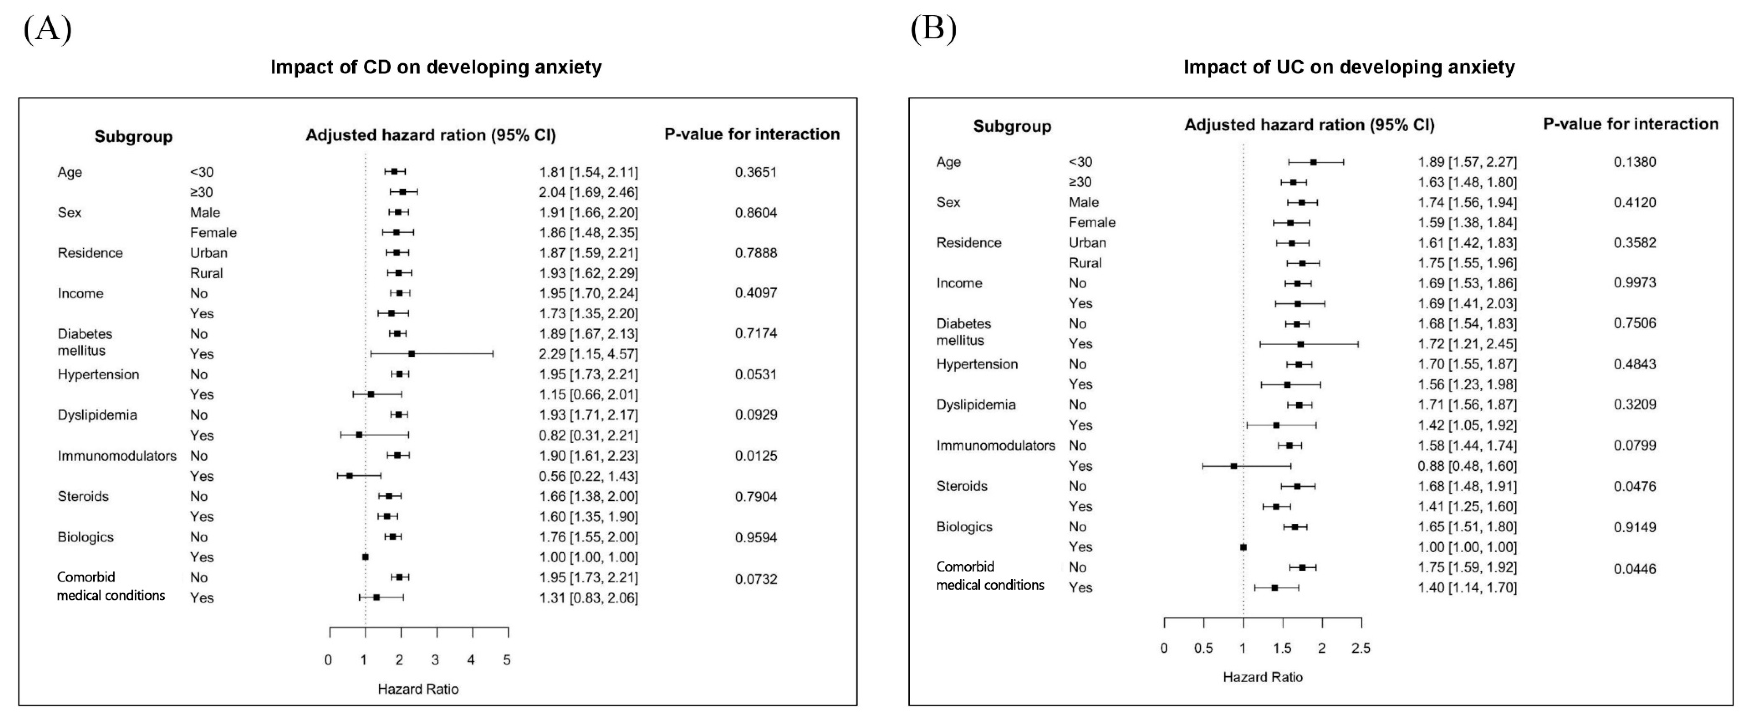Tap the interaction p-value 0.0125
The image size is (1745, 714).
756,456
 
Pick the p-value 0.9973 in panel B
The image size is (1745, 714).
1635,282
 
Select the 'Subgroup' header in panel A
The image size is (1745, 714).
133,137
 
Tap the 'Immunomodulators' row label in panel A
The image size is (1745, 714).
117,456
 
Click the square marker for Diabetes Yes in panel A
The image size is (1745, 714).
411,354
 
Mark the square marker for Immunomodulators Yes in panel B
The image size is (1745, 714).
1233,466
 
